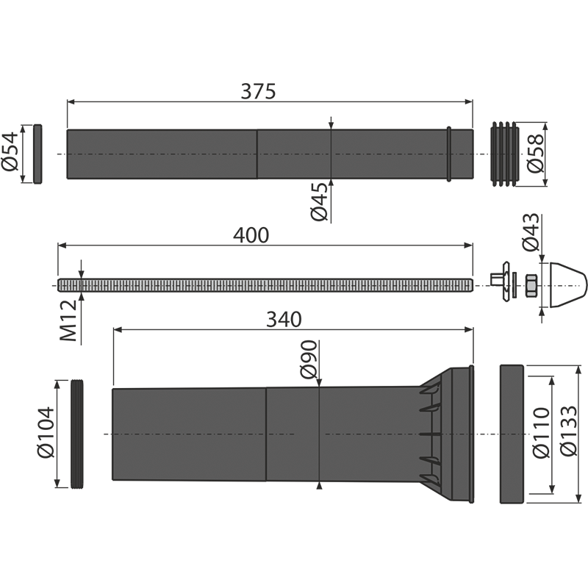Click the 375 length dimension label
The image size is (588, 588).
click(258, 91)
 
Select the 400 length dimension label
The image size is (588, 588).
click(251, 235)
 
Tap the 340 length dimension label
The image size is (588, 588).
click(284, 320)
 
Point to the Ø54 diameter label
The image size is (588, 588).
click(10, 151)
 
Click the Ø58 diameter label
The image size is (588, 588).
click(536, 153)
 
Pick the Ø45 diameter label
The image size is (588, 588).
click(319, 201)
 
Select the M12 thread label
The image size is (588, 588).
click(68, 320)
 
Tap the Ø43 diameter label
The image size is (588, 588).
click(531, 232)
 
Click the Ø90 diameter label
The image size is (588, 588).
click(309, 359)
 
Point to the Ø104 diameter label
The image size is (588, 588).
click(46, 432)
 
